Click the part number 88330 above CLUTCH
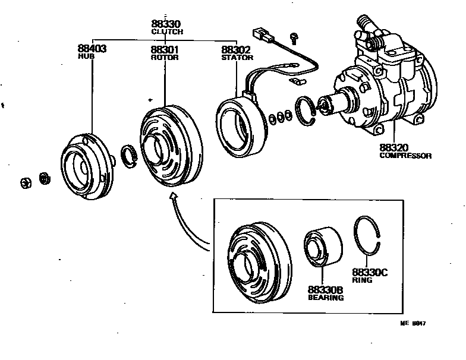pos(166,24)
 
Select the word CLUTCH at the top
pos(166,31)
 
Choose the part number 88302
pos(236,50)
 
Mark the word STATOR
pos(237,58)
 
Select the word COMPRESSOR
pos(405,156)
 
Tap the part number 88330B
pos(325,290)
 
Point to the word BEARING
pos(325,298)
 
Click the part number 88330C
pos(369,272)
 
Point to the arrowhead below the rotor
pos(174,198)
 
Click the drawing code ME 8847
pos(414,324)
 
